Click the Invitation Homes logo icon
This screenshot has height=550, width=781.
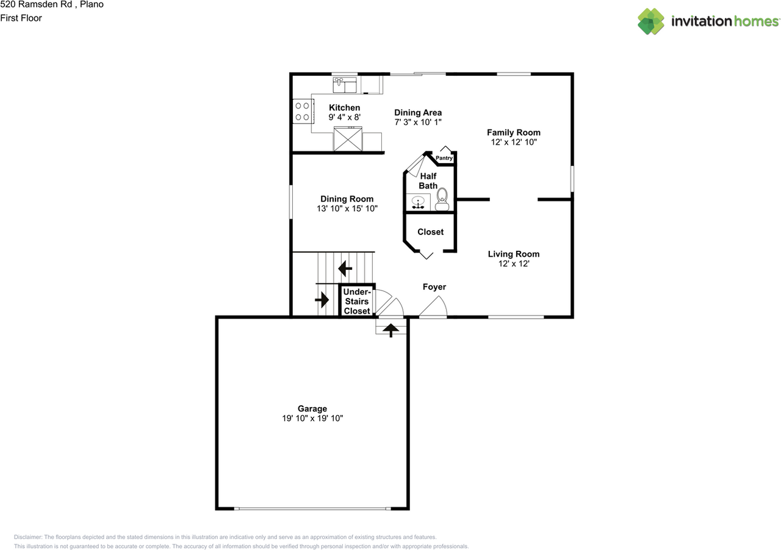651,21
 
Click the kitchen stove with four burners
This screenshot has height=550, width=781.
302,111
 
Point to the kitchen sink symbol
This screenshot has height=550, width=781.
345,84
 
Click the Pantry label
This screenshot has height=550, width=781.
444,158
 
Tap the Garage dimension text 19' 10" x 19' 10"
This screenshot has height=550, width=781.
312,418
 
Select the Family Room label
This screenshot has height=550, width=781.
513,132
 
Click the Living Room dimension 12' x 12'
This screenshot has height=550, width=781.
514,264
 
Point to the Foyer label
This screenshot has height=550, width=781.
434,287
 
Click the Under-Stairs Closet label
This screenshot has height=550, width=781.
357,302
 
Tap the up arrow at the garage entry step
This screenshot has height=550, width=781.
390,329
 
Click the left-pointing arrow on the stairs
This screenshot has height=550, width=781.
346,267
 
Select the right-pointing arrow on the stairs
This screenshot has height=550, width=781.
322,300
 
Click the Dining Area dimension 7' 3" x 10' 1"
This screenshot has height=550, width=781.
417,122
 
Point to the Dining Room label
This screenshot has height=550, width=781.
347,199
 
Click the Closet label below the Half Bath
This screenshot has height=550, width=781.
430,232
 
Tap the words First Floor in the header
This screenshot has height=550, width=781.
21,18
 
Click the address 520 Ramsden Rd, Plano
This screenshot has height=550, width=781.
52,5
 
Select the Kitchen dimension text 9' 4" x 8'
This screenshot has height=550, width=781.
345,117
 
